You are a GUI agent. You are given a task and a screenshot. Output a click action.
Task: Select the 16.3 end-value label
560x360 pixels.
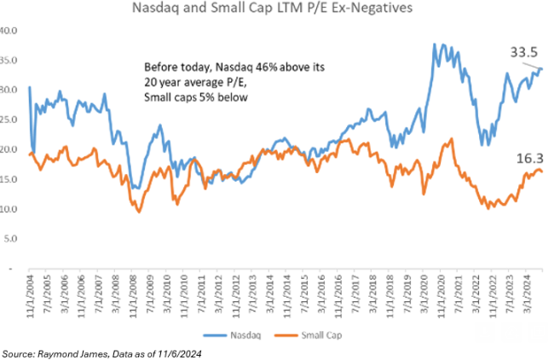(x=528, y=158)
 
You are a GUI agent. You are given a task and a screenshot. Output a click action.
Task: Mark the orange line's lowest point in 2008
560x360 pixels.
(x=138, y=211)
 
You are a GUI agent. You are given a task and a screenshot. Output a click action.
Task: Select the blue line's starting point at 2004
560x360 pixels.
(x=29, y=87)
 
